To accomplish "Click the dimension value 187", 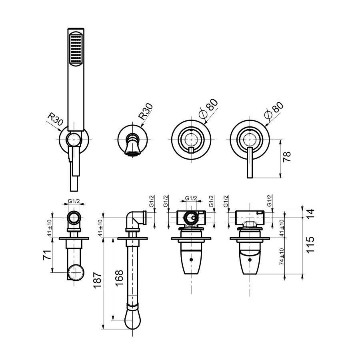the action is click(x=97, y=280).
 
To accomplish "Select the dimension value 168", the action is click(x=119, y=278).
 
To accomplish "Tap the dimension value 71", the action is click(x=47, y=255).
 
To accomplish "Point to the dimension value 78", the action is click(x=287, y=157).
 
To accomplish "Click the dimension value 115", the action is click(x=310, y=245).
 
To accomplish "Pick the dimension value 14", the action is click(x=310, y=214).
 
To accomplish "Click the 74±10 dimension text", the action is click(x=282, y=257).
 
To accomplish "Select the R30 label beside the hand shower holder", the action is click(x=55, y=119).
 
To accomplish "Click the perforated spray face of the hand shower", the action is click(x=76, y=49).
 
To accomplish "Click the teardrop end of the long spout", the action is click(x=133, y=320).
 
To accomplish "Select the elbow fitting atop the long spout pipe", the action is click(x=136, y=220).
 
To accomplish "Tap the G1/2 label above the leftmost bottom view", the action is click(x=74, y=201).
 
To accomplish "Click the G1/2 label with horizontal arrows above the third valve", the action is click(x=191, y=198).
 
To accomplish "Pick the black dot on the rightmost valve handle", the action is click(x=250, y=260).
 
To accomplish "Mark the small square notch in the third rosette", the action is click(x=191, y=150).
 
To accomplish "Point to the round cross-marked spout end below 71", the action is click(x=76, y=272).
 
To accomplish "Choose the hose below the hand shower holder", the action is click(x=74, y=184).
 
